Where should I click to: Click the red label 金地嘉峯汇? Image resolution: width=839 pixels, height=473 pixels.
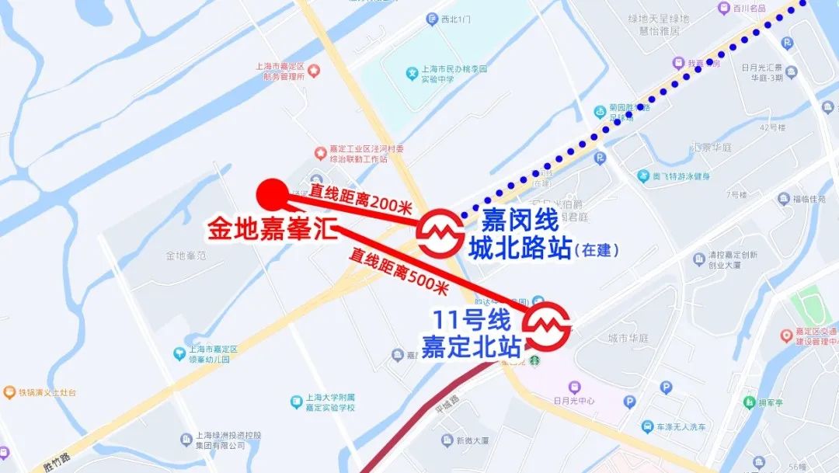point(270,229)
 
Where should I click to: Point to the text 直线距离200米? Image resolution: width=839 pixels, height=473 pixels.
point(361,197)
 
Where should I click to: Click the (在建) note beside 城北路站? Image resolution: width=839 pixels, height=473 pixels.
point(601,251)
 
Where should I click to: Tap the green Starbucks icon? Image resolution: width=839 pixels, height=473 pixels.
point(535,360)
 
